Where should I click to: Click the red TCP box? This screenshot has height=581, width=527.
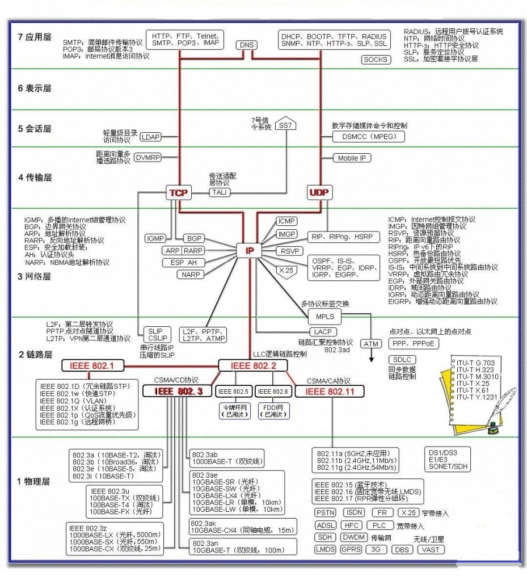coord(178,193)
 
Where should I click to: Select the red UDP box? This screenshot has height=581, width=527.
coord(318,193)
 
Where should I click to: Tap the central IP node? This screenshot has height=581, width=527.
coord(249,250)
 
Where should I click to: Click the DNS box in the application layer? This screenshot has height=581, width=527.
coord(246,44)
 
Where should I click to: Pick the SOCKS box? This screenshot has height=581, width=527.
coord(376,60)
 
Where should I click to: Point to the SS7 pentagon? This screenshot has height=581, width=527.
coord(285,125)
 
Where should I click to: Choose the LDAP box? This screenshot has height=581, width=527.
coord(150,137)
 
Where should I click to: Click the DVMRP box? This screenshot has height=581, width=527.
coord(146,158)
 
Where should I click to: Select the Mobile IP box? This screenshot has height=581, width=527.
coord(352,158)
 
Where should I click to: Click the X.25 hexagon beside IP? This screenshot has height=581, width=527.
coord(286,271)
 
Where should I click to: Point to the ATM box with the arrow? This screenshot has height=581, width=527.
coord(372,344)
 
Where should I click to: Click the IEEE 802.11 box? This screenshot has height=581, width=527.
coord(330,391)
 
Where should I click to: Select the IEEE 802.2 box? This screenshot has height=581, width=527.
coord(253,365)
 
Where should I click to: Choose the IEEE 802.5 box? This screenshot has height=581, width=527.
coord(233,391)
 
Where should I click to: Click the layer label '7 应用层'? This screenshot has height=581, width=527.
coord(35,37)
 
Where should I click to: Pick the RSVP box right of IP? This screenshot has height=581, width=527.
coord(287,251)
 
